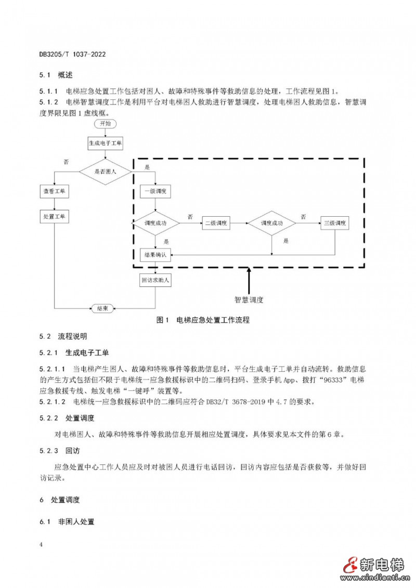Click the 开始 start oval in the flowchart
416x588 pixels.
105,124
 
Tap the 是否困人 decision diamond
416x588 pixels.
105,171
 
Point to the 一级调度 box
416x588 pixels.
155,191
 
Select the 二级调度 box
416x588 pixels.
216,223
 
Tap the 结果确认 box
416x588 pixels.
155,255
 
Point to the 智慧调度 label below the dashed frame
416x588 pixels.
249,300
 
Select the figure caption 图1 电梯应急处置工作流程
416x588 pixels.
203,320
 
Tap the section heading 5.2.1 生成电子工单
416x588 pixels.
74,353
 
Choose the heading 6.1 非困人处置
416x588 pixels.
67,521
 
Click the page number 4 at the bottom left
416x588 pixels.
41,544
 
